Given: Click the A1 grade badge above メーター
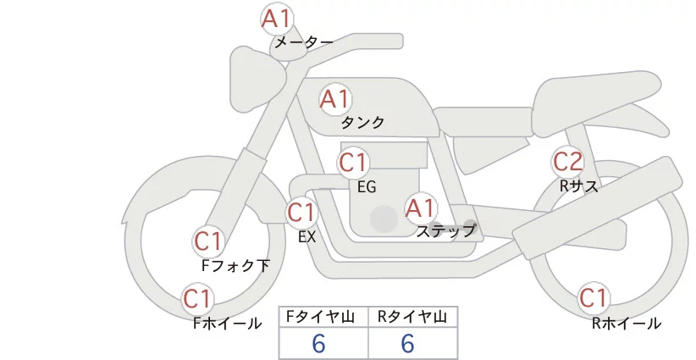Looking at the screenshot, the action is pos(276,19).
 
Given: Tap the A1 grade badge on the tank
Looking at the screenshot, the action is pos(335,99).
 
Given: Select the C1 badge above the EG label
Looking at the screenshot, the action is pos(353,163).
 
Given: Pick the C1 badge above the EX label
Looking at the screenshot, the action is pos(301,213).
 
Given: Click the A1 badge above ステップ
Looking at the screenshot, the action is pos(421,208).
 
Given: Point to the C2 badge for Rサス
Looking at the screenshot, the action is pos(567,162).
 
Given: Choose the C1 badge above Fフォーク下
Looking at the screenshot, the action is pos(208,241).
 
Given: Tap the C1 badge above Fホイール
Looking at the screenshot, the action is pos(197,299).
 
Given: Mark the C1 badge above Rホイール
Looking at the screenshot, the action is pos(594,297).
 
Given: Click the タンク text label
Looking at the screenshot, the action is pos(362,123).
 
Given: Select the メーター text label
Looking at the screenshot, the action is pos(304,42).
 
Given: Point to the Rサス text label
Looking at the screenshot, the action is pos(579,186).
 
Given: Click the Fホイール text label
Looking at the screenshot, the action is pos(227,324).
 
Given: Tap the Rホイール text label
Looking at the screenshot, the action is pos(627,324).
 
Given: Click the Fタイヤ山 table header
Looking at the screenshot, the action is pos(320,317).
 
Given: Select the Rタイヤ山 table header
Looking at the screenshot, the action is pos(412,317).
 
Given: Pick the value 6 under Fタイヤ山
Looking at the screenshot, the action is pos(318,344).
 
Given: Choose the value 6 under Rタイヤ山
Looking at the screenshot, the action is pos(407,344).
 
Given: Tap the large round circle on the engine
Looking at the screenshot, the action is pos(384,219).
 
